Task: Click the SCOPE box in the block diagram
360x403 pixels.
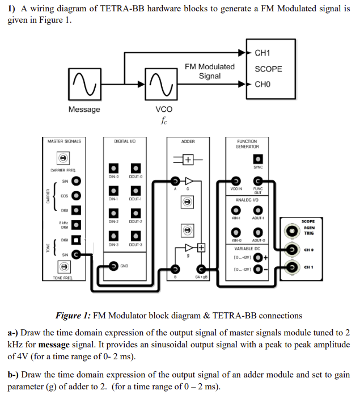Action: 269,69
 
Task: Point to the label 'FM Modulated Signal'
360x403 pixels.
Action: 210,71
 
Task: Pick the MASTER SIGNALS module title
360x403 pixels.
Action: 64,141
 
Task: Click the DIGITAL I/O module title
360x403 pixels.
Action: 125,141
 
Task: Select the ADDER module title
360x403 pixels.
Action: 188,141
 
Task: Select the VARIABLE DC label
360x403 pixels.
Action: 247,249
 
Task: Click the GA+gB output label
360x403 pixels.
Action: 201,278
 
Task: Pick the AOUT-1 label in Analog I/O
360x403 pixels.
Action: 258,218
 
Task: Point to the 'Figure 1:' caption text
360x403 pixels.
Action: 73,316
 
